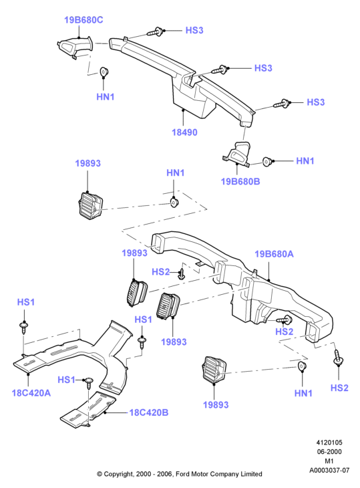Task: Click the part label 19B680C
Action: (x=83, y=20)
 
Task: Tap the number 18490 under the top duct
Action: (x=184, y=132)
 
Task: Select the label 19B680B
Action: (x=240, y=181)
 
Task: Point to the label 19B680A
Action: (x=274, y=254)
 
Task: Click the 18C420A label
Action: (x=31, y=393)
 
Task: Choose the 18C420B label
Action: (x=148, y=412)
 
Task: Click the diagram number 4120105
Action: (x=329, y=443)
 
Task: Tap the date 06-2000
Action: (x=329, y=452)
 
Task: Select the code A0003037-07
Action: (x=329, y=470)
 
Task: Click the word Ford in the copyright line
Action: (x=183, y=474)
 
